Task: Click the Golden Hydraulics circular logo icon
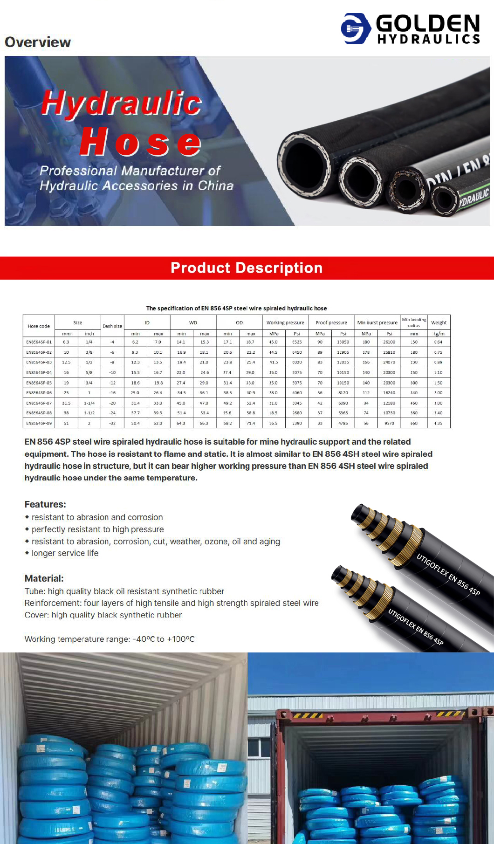click(x=356, y=28)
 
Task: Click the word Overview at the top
click(x=38, y=42)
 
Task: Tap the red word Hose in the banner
click(x=140, y=142)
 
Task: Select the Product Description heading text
click(x=247, y=268)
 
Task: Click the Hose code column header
click(x=39, y=326)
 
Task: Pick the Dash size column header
click(x=112, y=326)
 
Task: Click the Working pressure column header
click(x=285, y=323)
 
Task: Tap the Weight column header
click(x=439, y=323)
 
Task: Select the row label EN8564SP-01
click(x=39, y=342)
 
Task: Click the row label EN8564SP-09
click(x=39, y=423)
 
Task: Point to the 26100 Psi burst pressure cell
click(x=389, y=342)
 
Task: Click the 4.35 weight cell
click(x=438, y=423)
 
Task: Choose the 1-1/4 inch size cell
click(x=89, y=403)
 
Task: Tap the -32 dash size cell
click(x=112, y=423)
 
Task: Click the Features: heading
click(x=45, y=504)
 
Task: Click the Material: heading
click(x=44, y=578)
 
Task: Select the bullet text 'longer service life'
click(x=65, y=553)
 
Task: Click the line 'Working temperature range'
click(x=110, y=639)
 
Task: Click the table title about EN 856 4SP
click(x=236, y=308)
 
